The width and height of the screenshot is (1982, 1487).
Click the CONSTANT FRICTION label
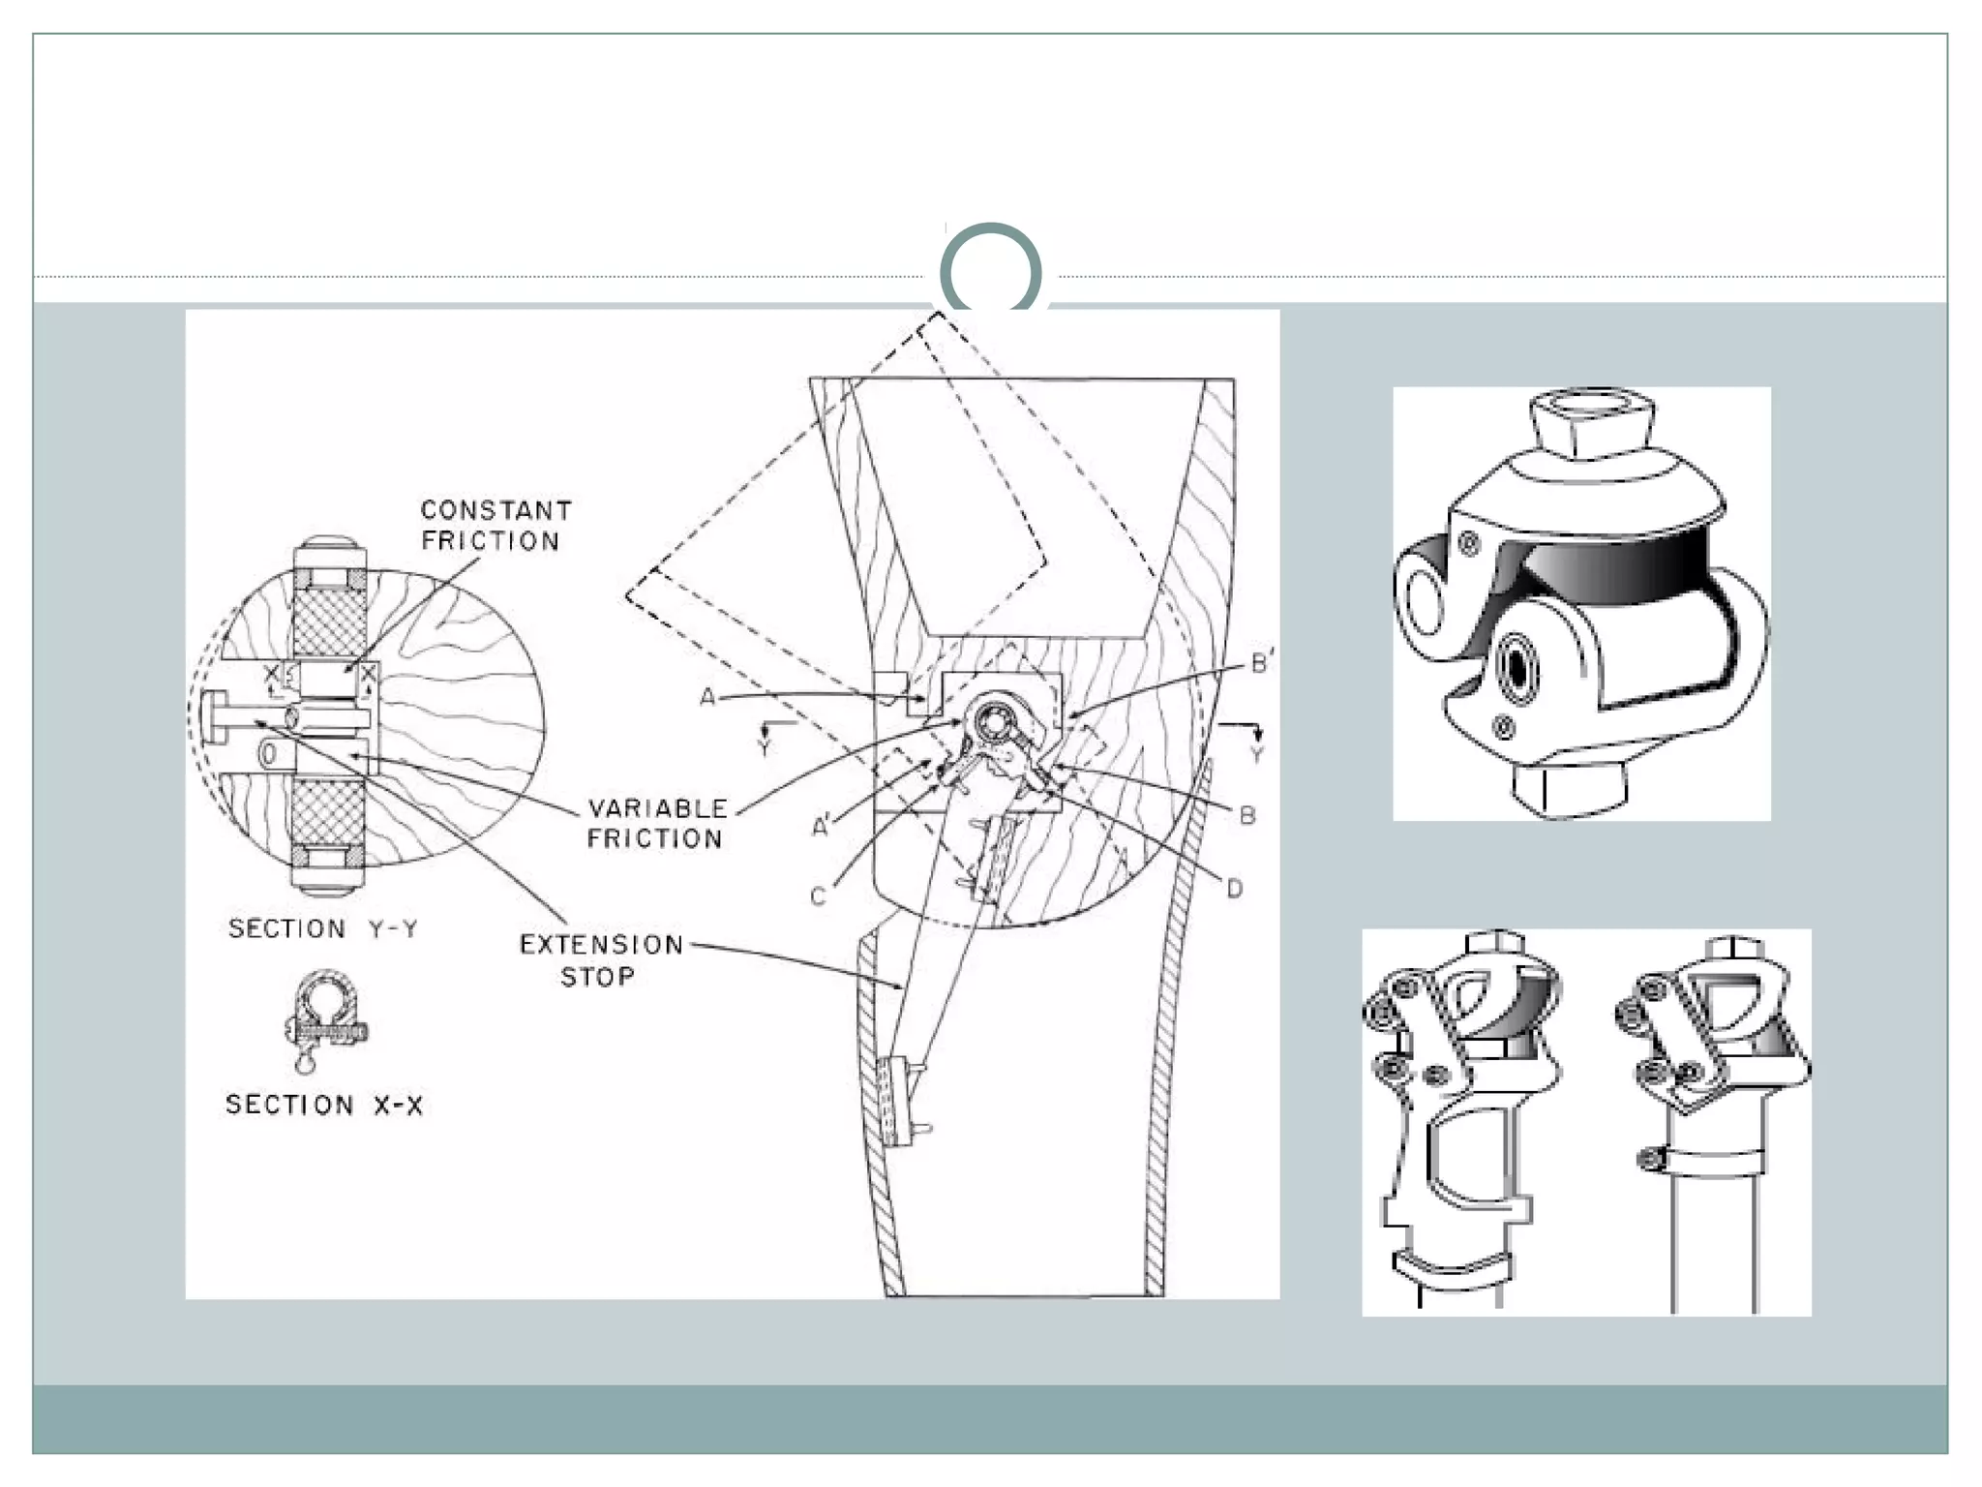[x=495, y=526]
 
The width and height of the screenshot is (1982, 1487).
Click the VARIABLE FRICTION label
[x=657, y=824]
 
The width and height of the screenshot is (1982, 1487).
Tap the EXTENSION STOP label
[x=601, y=960]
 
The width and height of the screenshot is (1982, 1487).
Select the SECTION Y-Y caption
[x=323, y=929]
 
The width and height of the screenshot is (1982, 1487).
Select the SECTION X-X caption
[x=324, y=1105]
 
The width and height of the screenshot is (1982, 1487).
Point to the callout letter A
[x=707, y=697]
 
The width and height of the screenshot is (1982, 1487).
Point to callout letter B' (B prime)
[x=1262, y=663]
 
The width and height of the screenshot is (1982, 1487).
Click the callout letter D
[x=1234, y=889]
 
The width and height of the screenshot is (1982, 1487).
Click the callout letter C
[x=818, y=896]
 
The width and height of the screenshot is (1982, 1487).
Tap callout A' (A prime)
[x=822, y=826]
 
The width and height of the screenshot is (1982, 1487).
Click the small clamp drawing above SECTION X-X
[x=325, y=1019]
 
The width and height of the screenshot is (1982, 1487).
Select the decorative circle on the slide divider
[x=990, y=271]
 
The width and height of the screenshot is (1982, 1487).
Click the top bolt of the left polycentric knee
[x=1497, y=945]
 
